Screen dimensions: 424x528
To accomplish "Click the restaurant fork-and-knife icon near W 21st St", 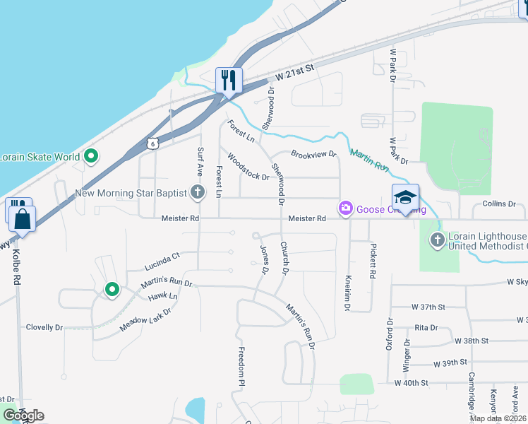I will tap(229, 80).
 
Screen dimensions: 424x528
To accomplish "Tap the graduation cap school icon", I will tap(406, 197).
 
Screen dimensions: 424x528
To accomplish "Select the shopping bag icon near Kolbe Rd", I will tap(22, 218).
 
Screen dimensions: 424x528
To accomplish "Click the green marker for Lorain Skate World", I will tap(90, 157).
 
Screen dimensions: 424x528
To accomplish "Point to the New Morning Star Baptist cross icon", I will tap(198, 192).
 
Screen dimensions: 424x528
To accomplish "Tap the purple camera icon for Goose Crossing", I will tap(346, 208).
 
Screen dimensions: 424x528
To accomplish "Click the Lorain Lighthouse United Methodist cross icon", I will tap(437, 240).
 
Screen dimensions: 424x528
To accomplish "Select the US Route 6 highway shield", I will tap(152, 143).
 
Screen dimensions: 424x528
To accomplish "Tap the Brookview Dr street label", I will tap(313, 153).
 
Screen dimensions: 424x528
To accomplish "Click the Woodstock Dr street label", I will tap(248, 168).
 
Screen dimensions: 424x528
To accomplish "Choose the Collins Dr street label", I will tap(499, 204).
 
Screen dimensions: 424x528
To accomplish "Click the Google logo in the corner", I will tap(23, 416).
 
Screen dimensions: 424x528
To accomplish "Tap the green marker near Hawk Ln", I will tap(112, 289).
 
